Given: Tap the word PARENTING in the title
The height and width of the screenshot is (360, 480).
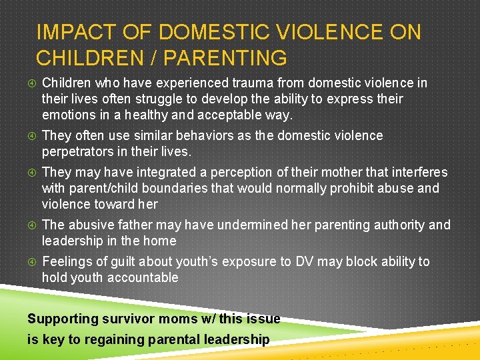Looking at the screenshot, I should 225,59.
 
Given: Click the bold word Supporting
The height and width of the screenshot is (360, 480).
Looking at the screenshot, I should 63,319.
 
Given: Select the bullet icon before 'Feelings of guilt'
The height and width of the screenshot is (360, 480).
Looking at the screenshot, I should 31,262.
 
